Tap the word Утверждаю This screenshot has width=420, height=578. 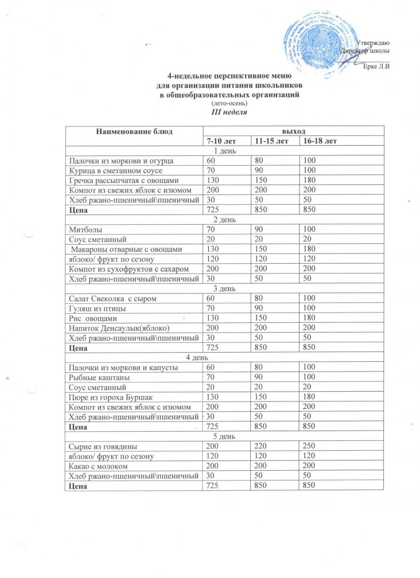(374, 44)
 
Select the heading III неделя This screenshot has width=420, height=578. (229, 112)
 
